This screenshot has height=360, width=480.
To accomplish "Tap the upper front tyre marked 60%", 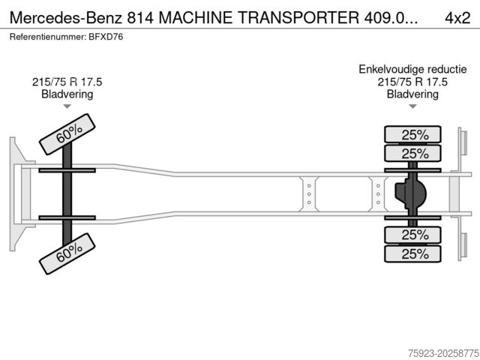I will coord(68,133).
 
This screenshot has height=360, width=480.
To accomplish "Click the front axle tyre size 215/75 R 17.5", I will coord(67,82).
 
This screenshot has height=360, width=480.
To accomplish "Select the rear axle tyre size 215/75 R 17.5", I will coord(412,82).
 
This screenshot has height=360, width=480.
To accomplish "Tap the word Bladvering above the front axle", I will coord(67,94).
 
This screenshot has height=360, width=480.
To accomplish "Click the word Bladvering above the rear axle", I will coord(412,94).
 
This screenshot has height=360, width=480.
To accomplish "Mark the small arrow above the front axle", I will coord(67,107).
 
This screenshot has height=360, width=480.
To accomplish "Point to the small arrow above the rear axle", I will coord(412,107).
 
